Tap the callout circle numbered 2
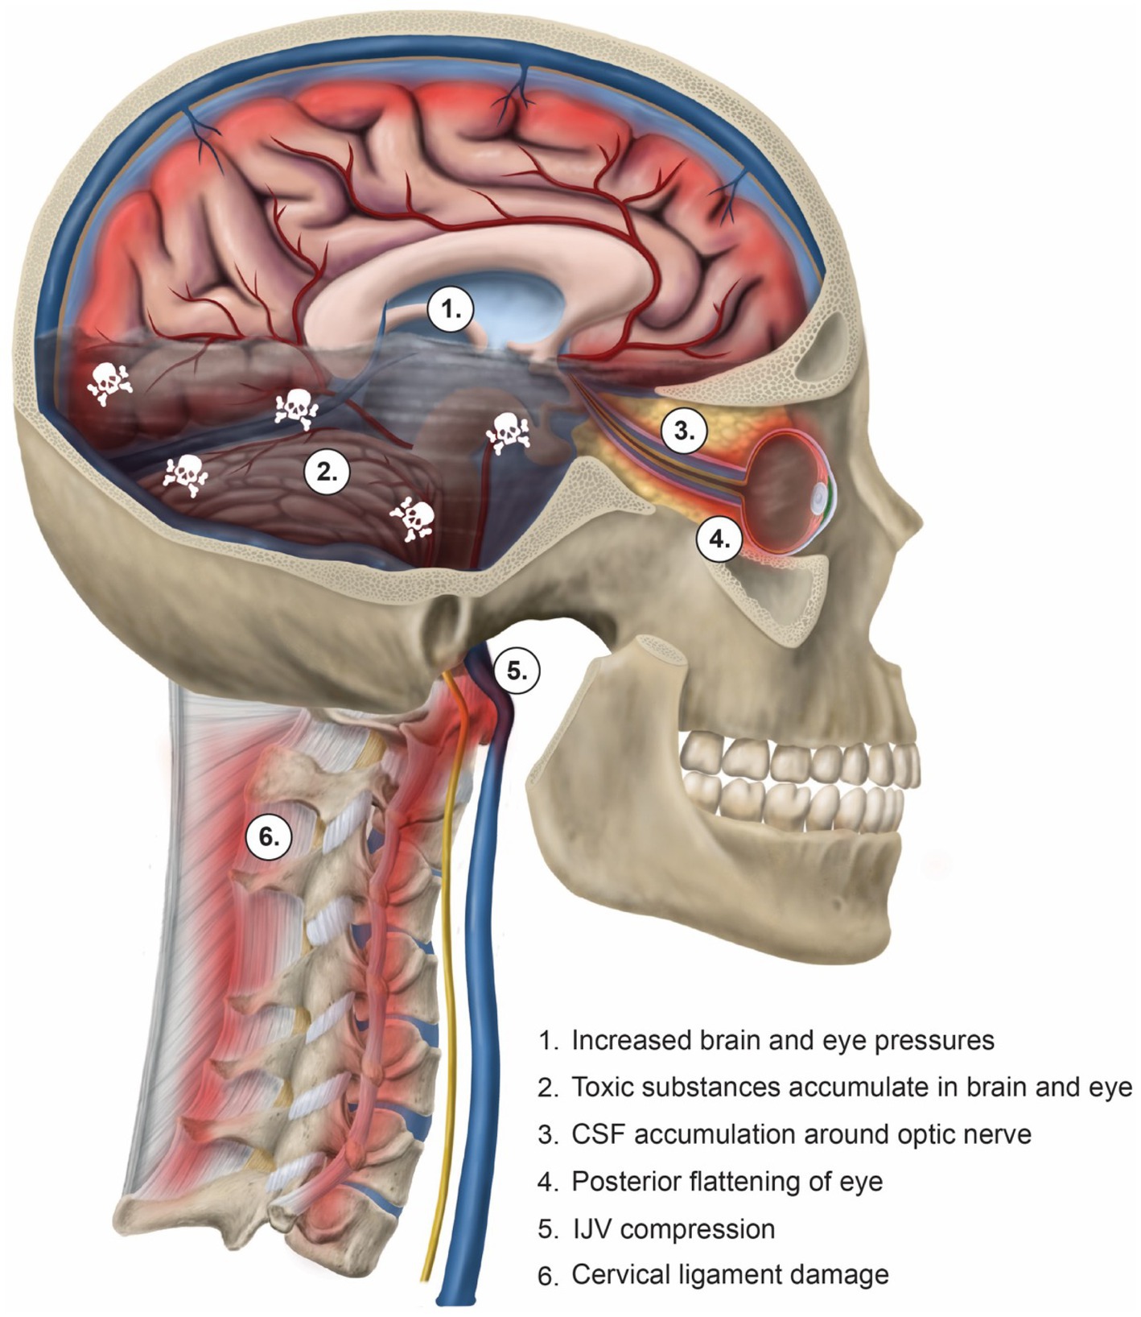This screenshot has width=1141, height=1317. pyautogui.click(x=327, y=473)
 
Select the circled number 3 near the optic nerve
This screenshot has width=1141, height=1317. pyautogui.click(x=684, y=431)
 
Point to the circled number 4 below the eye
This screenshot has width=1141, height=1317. pyautogui.click(x=719, y=539)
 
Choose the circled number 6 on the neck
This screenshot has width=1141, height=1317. pyautogui.click(x=269, y=837)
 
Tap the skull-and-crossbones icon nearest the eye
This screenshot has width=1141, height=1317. pyautogui.click(x=507, y=432)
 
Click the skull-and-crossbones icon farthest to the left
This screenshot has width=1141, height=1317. pyautogui.click(x=110, y=383)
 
